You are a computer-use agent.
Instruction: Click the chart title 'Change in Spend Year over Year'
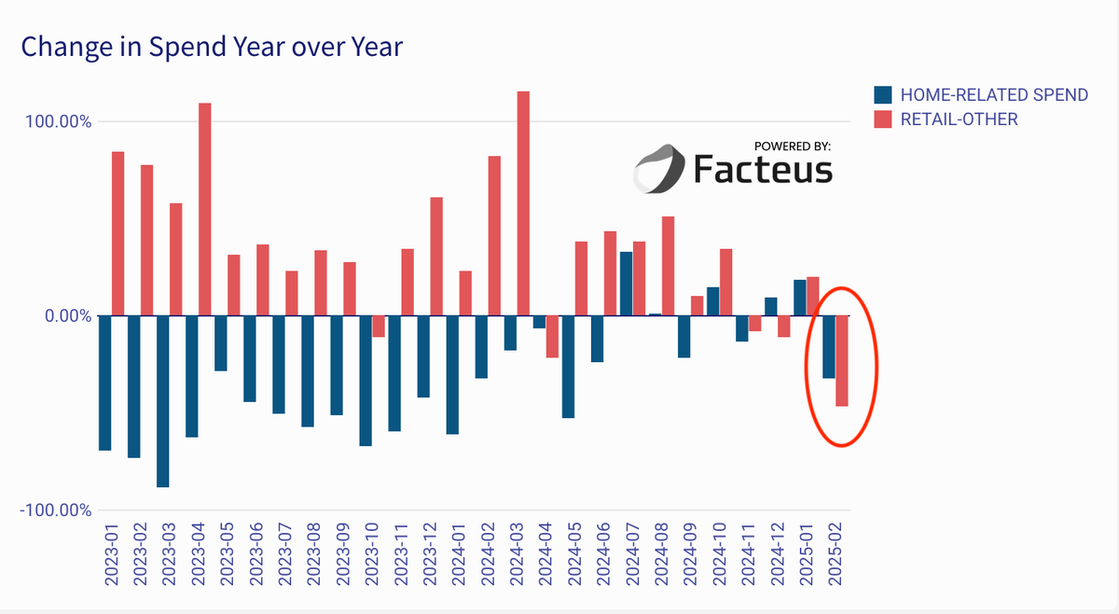[212, 46]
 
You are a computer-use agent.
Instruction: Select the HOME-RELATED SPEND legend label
[994, 94]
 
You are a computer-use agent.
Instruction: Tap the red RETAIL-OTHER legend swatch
[882, 119]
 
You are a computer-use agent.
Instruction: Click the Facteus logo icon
[659, 169]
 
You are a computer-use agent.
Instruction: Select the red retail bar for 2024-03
[523, 203]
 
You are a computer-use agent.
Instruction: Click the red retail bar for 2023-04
[205, 209]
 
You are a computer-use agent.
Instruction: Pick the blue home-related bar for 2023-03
[162, 401]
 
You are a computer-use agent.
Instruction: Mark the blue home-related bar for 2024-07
[626, 284]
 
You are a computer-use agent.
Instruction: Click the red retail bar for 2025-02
[841, 360]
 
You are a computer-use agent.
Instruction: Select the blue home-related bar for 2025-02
[828, 347]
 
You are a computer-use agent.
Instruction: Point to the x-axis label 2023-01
[111, 554]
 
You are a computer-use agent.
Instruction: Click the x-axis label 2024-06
[602, 554]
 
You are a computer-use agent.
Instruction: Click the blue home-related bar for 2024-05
[568, 367]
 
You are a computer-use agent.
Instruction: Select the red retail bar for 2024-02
[494, 235]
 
